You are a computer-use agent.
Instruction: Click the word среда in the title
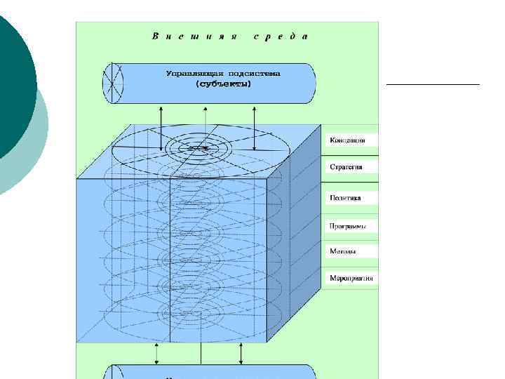pos(280,36)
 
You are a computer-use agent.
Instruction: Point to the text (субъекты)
pos(224,84)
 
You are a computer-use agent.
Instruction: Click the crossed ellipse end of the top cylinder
pos(112,84)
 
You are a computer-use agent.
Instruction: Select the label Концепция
pos(348,140)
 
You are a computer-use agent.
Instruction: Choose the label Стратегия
pos(347,168)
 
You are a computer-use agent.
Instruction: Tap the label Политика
pos(346,198)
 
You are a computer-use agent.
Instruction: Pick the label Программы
pos(349,226)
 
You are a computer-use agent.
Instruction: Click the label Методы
pos(343,251)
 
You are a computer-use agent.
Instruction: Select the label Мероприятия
pos(351,278)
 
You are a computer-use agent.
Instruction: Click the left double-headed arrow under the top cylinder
pos(161,126)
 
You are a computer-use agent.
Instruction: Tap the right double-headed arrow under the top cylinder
pos(255,126)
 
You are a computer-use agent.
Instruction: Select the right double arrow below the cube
pos(241,354)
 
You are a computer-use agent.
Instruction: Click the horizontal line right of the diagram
pos(433,84)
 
